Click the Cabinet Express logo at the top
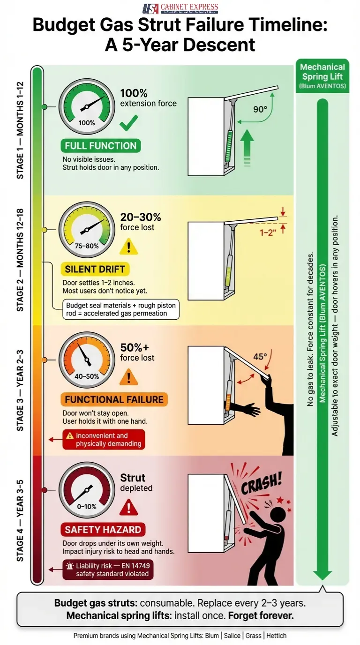click(180, 8)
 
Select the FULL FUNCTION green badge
click(101, 146)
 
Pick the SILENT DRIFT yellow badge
click(95, 269)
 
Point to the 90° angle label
click(260, 109)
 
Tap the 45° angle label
click(261, 356)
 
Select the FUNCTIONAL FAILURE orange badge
click(114, 399)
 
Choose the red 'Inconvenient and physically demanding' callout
click(104, 440)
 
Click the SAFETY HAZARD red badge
click(103, 530)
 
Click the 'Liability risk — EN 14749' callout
click(108, 570)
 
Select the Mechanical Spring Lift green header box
click(322, 76)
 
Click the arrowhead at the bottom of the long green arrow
click(322, 575)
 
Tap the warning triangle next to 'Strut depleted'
click(128, 507)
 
